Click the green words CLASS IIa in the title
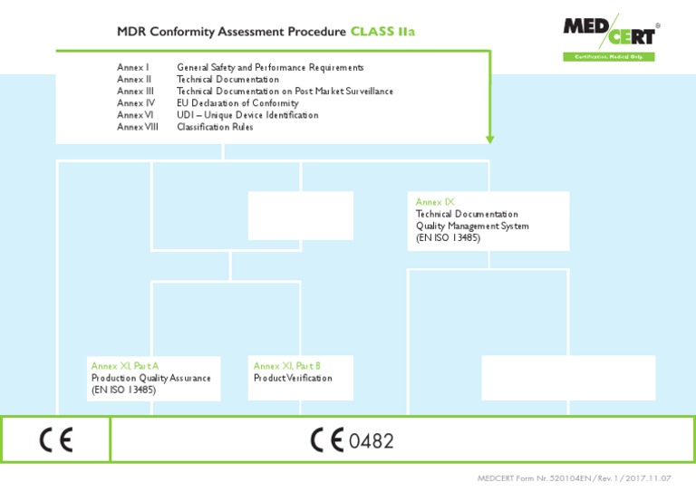click(x=383, y=32)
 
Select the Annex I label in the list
click(x=133, y=68)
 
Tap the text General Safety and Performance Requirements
click(x=270, y=68)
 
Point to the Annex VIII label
click(x=138, y=127)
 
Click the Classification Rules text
click(x=215, y=127)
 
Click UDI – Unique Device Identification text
click(x=247, y=115)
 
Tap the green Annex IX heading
click(x=435, y=202)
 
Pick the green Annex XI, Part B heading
click(x=287, y=366)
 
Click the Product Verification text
click(x=293, y=378)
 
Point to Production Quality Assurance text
click(x=150, y=378)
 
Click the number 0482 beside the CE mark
click(x=372, y=441)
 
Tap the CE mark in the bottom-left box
click(x=56, y=440)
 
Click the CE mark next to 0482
click(x=327, y=440)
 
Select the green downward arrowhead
click(x=490, y=139)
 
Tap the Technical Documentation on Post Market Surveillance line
click(x=285, y=92)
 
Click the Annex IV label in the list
click(x=135, y=103)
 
